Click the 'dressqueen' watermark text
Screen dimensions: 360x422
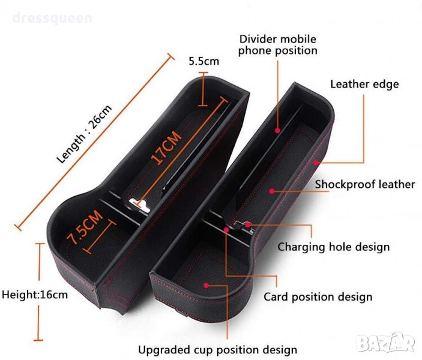pos(53,18)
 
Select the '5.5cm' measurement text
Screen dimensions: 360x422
pos(204,61)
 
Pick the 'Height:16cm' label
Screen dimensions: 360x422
pos(35,295)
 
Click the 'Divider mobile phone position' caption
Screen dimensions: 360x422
pos(277,45)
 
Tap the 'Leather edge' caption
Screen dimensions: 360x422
pos(364,84)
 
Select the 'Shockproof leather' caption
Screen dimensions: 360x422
pos(365,184)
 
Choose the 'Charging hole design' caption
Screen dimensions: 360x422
pos(333,247)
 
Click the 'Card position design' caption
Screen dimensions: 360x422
pos(318,297)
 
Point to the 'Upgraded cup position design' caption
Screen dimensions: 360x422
pos(217,350)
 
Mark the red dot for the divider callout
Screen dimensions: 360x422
pos(278,129)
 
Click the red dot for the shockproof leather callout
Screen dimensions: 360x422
pos(272,191)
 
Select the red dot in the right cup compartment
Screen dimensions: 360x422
pos(206,284)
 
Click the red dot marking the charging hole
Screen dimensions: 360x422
pos(247,226)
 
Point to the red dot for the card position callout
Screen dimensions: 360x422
pos(226,230)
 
